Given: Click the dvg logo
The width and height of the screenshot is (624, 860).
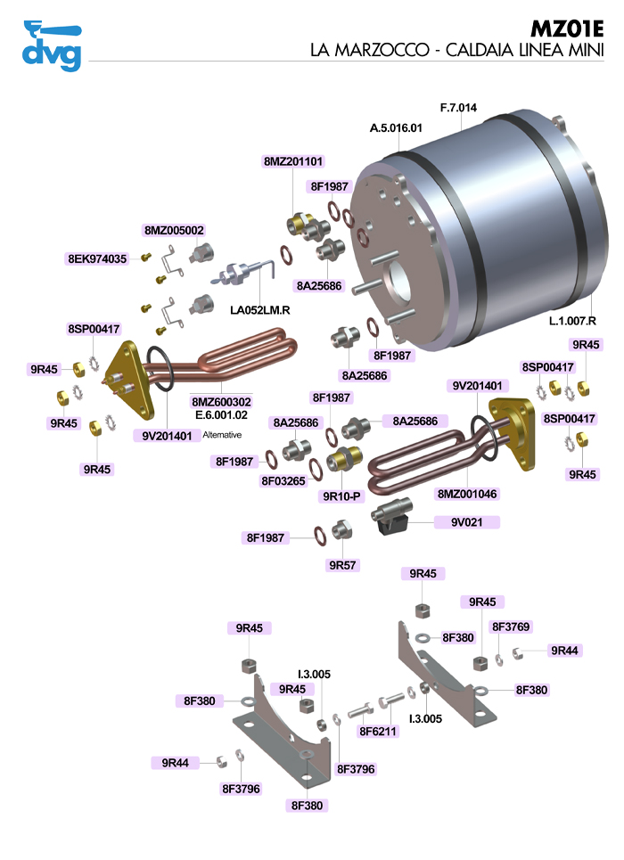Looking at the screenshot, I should pos(51,45).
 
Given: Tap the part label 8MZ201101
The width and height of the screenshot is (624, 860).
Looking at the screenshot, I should pos(293,161).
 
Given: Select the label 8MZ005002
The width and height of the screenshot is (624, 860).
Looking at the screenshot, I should pos(174,230).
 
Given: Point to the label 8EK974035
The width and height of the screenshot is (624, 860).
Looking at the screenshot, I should pos(97,258).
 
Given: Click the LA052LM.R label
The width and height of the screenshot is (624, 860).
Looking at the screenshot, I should pos(262,310).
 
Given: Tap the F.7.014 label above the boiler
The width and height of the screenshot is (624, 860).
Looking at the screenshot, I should pos(458,108).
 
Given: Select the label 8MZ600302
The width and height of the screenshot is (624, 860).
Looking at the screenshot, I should pos(222,402).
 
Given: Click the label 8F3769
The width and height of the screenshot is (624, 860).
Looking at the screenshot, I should pos(512,626).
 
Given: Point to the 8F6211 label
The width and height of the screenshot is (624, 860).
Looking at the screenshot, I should pos(378,731).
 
